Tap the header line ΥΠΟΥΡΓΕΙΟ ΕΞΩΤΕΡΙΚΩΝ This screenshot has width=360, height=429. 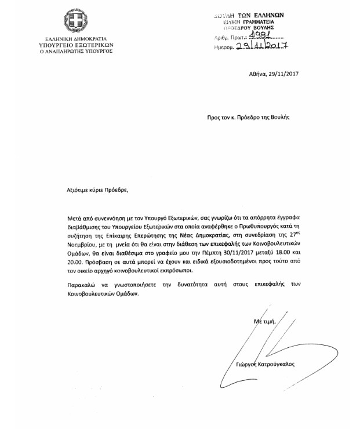(76, 44)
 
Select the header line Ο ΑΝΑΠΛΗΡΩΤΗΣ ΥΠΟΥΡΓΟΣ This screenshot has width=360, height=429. (76, 50)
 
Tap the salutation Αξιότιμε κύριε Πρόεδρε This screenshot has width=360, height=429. (96, 190)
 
